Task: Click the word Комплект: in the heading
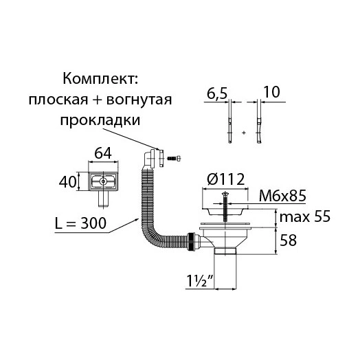(x=100, y=79)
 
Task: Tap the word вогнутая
(x=139, y=100)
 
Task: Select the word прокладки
(x=100, y=120)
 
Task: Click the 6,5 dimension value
(x=217, y=93)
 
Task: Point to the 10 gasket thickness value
(x=271, y=92)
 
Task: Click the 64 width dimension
(x=103, y=153)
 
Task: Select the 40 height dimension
(x=67, y=182)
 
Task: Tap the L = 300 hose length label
(x=80, y=223)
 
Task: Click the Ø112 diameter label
(x=226, y=179)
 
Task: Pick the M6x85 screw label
(x=282, y=196)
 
